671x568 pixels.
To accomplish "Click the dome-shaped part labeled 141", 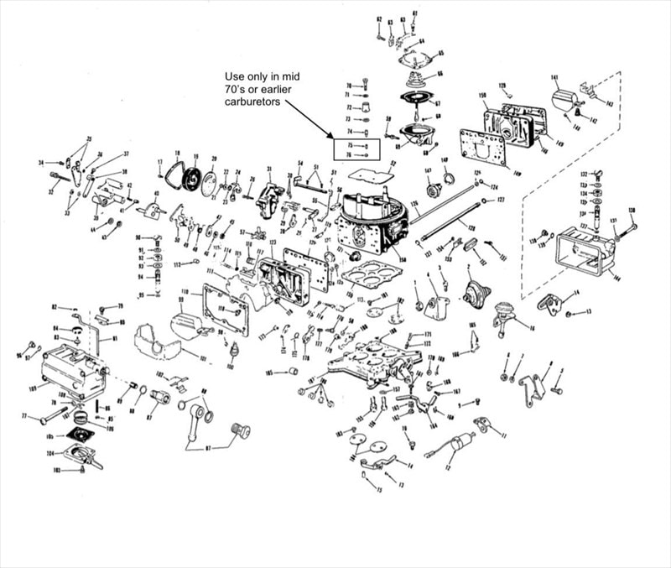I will [x=564, y=102].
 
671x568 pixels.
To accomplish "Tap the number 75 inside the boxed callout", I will [x=351, y=145].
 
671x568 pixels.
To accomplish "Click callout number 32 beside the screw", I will [x=49, y=191].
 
